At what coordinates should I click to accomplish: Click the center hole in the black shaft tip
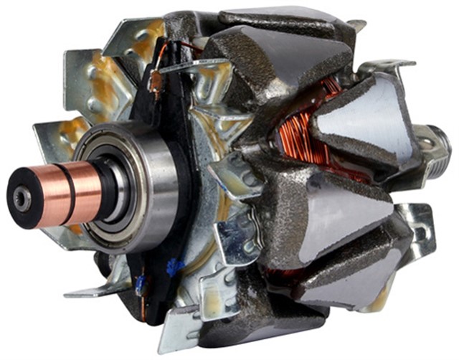tap(22, 200)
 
